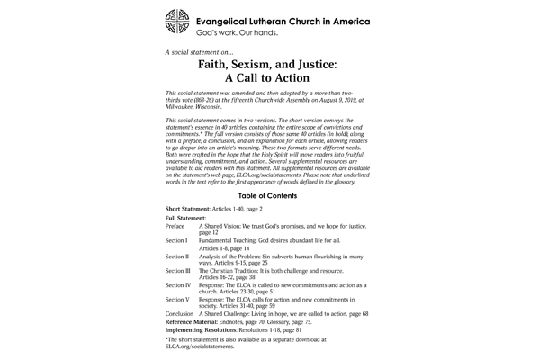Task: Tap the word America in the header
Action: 350,18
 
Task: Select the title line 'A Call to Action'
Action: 269,78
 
